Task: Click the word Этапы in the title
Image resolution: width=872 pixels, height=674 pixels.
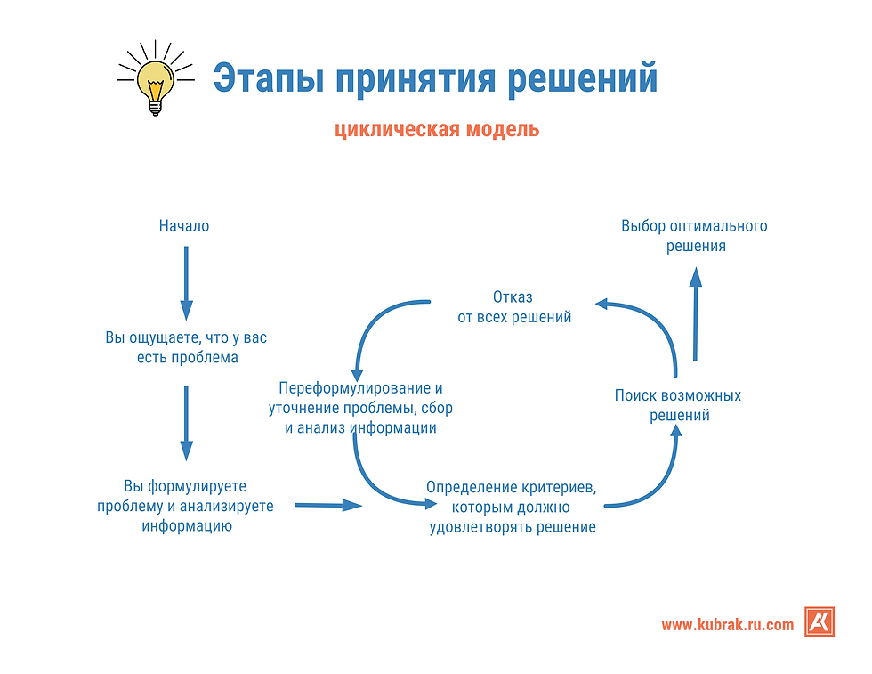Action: pyautogui.click(x=269, y=78)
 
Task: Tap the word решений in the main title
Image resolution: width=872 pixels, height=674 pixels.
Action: pyautogui.click(x=582, y=78)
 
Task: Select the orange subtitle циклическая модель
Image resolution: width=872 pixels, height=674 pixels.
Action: pyautogui.click(x=437, y=129)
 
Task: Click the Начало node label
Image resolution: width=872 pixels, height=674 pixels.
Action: pyautogui.click(x=184, y=226)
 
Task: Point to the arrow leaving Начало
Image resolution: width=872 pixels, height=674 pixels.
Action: pyautogui.click(x=186, y=283)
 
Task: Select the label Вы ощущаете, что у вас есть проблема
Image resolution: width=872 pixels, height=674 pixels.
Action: pyautogui.click(x=186, y=347)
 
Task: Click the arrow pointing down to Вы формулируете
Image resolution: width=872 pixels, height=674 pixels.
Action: pyautogui.click(x=186, y=423)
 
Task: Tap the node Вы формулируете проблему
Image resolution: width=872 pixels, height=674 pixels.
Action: pyautogui.click(x=186, y=506)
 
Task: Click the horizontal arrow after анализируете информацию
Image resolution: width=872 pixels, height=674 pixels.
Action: pyautogui.click(x=328, y=506)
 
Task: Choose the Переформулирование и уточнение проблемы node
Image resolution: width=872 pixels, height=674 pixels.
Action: pyautogui.click(x=360, y=408)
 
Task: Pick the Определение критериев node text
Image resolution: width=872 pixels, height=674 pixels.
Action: pyautogui.click(x=512, y=507)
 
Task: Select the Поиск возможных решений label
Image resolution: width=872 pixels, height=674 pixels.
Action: pyautogui.click(x=678, y=405)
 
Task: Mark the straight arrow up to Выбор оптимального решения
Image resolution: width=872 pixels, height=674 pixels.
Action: pyautogui.click(x=695, y=314)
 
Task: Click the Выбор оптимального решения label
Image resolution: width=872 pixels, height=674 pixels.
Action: pyautogui.click(x=695, y=236)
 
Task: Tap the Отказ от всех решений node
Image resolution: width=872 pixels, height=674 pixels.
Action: pyautogui.click(x=514, y=307)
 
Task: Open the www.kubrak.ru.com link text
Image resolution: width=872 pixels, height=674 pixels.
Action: pyautogui.click(x=728, y=624)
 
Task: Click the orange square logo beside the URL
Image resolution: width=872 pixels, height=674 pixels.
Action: pyautogui.click(x=820, y=621)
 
